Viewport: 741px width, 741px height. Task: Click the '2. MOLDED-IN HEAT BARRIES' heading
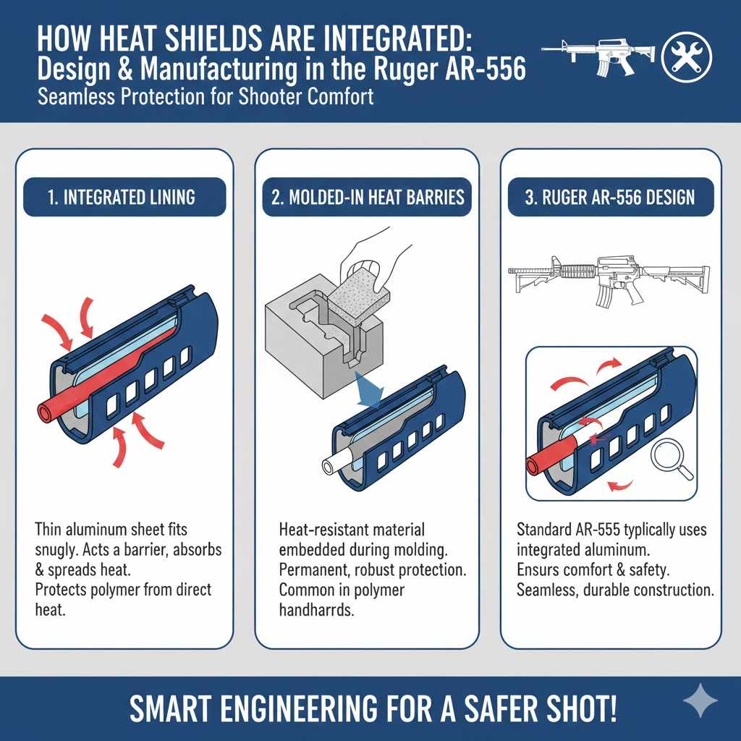[367, 198]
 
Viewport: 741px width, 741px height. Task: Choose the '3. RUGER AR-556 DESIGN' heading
[609, 198]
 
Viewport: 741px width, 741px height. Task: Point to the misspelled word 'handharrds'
[317, 610]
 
